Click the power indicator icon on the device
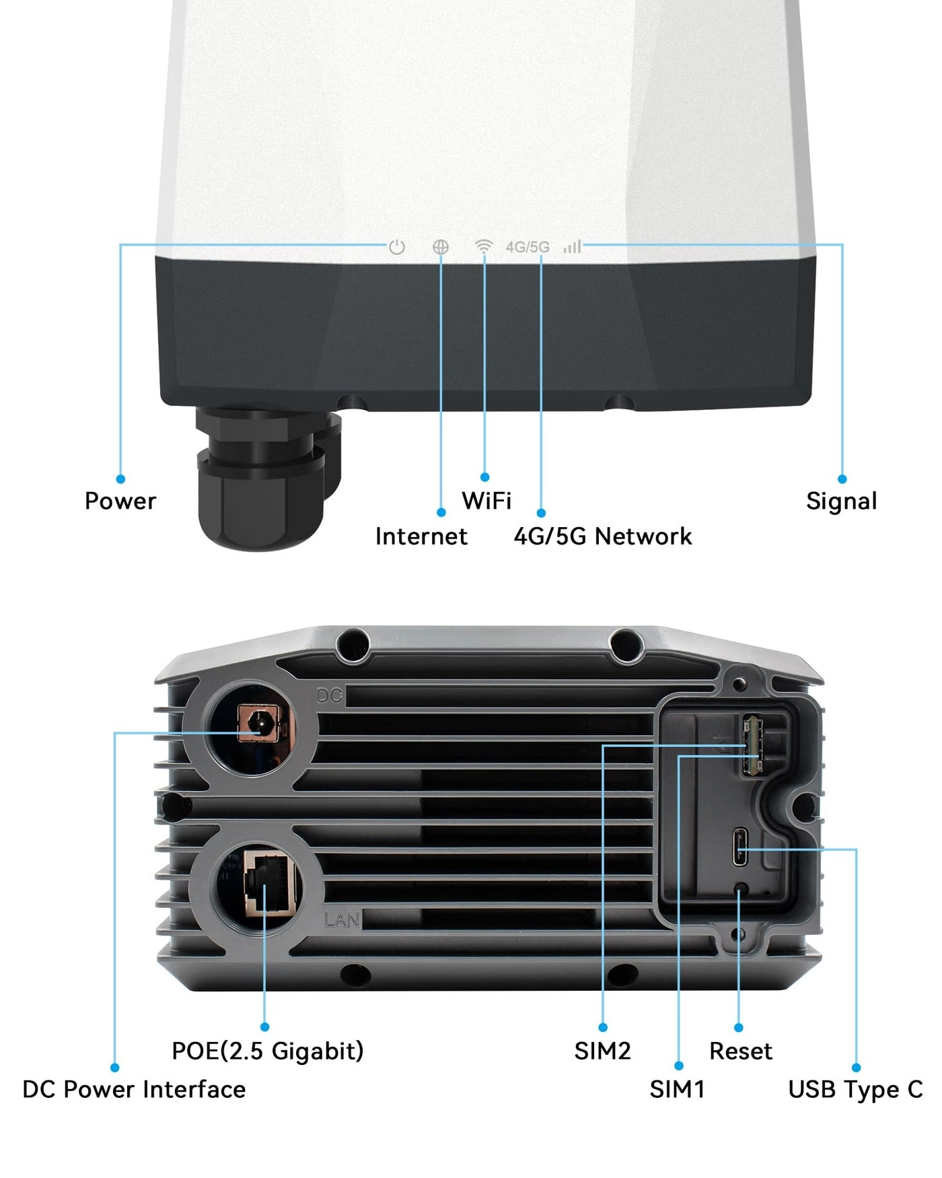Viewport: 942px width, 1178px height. (x=397, y=247)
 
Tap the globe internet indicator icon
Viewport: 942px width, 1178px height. (x=441, y=247)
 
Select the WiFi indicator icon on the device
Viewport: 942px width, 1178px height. (x=483, y=246)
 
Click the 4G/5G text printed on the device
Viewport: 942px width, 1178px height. (x=528, y=247)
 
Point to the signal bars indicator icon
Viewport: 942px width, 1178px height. (x=572, y=246)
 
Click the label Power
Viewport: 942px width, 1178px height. (x=120, y=501)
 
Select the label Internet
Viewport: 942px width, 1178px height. (x=421, y=536)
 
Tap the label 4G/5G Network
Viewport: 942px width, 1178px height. (x=602, y=536)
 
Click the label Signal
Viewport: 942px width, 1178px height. (x=841, y=501)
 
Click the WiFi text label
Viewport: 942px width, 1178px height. (x=486, y=501)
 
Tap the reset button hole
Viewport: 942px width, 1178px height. (x=741, y=891)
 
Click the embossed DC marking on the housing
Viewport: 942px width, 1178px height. (x=330, y=696)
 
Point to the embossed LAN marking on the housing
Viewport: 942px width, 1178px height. (x=342, y=919)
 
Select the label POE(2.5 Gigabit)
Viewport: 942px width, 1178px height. (x=267, y=1051)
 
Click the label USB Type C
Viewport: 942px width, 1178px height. (x=855, y=1090)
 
